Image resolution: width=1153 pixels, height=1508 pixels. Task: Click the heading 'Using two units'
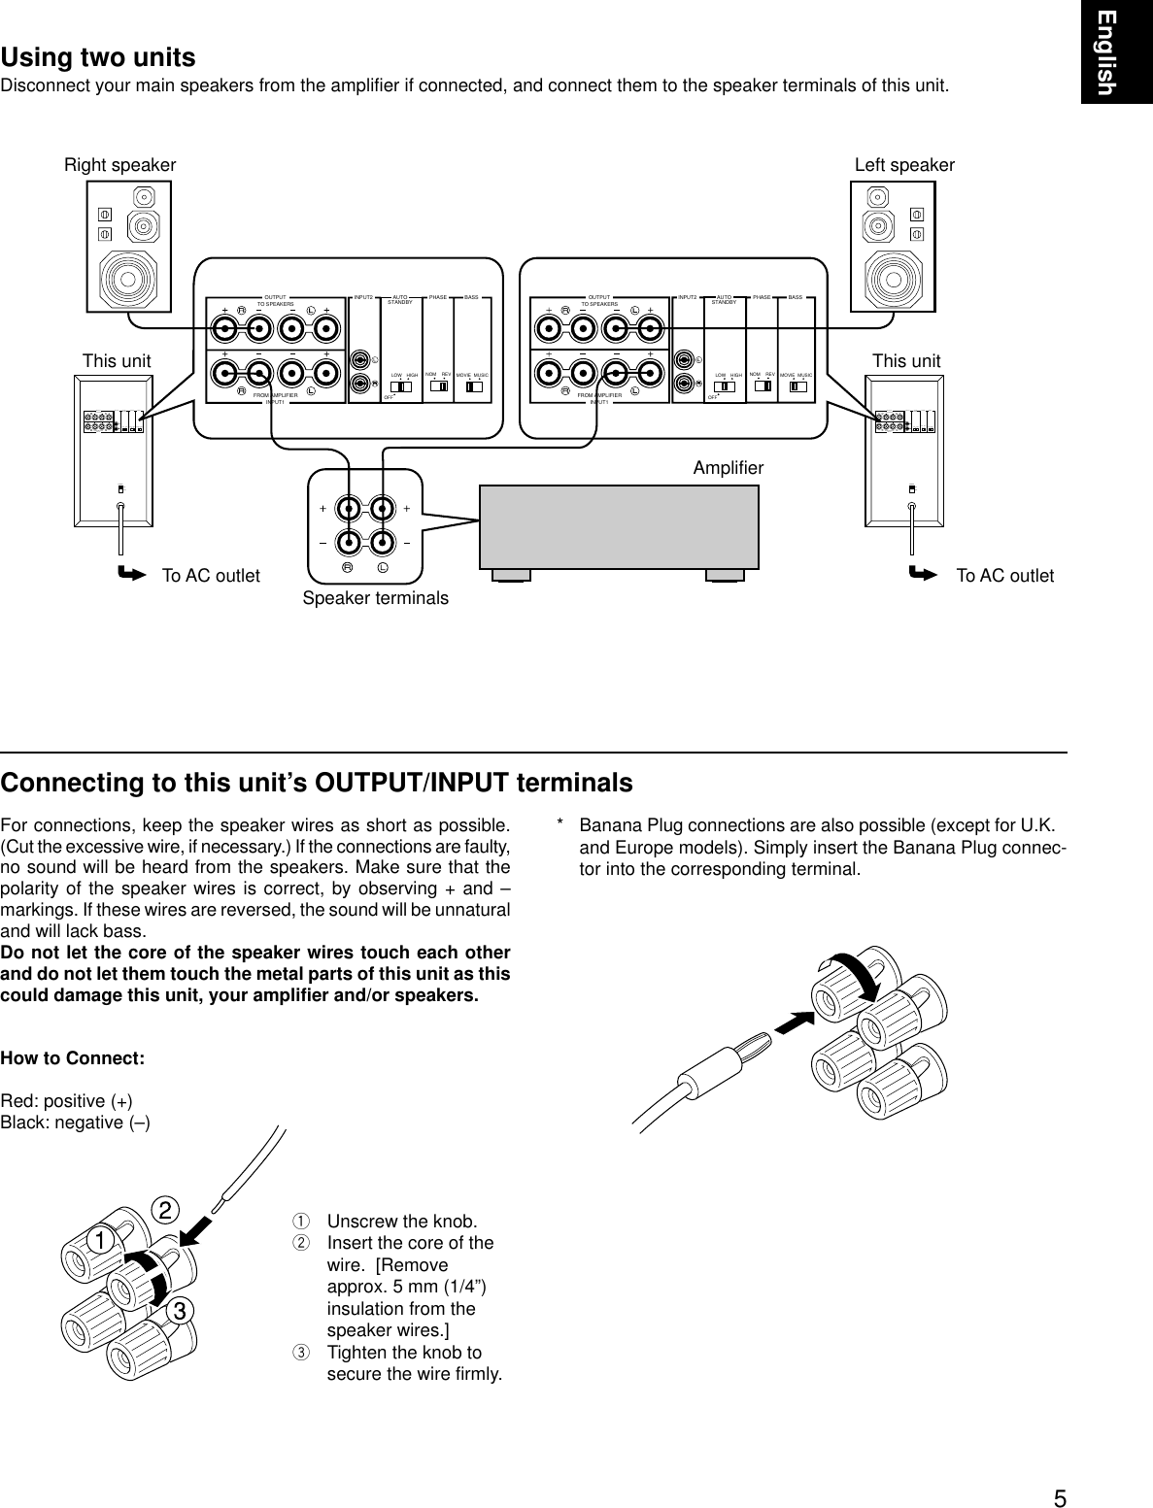point(98,57)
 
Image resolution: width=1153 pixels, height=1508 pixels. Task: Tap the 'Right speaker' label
point(119,165)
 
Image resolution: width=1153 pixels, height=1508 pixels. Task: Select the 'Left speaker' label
point(904,165)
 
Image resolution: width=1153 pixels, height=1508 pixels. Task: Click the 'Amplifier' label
point(729,468)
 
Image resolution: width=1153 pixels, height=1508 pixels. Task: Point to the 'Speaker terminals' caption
point(375,598)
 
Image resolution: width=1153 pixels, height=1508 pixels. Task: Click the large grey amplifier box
point(619,525)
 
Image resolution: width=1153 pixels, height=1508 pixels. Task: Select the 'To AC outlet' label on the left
point(211,576)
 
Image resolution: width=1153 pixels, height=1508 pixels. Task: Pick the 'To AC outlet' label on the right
point(1004,576)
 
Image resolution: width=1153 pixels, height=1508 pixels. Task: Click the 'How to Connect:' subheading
point(73,1057)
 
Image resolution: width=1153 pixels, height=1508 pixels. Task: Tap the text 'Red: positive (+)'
point(67,1100)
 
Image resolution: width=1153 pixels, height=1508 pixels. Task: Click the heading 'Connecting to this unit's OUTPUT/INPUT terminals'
point(317,783)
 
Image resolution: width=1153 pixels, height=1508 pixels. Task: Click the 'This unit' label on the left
point(117,361)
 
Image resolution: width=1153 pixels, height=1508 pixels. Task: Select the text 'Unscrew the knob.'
point(401,1221)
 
